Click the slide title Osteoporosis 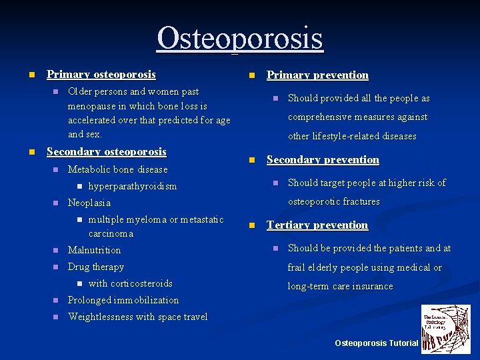coord(240,38)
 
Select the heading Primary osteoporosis coord(101,75)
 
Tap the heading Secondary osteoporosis coord(106,152)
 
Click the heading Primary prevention coord(317,75)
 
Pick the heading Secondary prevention coord(323,160)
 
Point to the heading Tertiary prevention coord(317,225)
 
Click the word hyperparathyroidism coord(132,187)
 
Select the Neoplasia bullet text coord(89,203)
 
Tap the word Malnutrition coord(94,251)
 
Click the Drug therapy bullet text coord(96,267)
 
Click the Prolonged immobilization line coord(123,301)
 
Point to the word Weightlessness coord(101,317)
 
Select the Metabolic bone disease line coord(117,170)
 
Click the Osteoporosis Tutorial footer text coord(376,343)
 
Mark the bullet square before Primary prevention coord(251,75)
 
